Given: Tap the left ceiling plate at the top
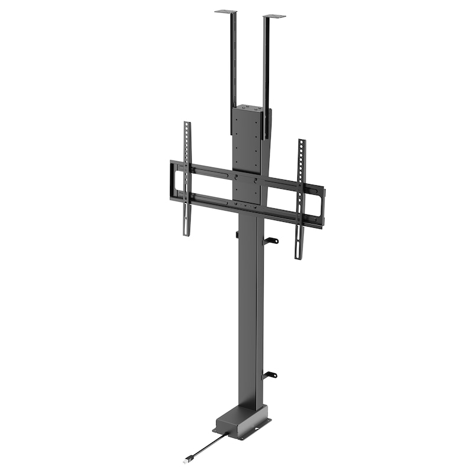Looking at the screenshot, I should pos(225,11).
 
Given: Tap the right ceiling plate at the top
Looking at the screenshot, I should pos(274,17).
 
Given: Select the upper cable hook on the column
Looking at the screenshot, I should pos(271,240).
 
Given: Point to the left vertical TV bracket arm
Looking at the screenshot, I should pos(187,177).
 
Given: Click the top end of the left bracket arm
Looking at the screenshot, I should pos(187,125).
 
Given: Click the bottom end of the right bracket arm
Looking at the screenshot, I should pos(299,255).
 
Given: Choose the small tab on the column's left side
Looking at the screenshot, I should pos(237,235).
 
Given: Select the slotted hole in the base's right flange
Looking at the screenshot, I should pos(264,421).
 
